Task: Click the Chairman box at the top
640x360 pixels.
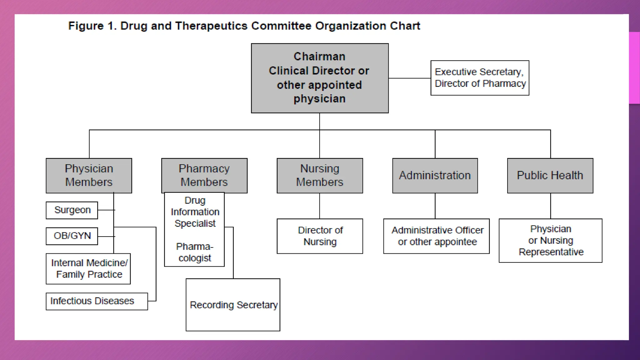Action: tap(320, 78)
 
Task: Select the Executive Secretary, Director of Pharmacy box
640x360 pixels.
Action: tap(480, 78)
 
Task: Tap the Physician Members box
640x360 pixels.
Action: tap(89, 175)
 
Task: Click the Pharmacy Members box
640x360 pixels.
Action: tap(204, 175)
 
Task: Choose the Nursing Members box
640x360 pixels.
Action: tap(320, 175)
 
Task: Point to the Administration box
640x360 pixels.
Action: tap(435, 175)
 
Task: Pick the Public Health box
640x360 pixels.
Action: tap(550, 175)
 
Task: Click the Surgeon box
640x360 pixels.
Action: tap(72, 210)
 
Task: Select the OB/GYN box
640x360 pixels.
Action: tap(72, 236)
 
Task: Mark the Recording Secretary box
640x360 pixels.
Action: tap(233, 305)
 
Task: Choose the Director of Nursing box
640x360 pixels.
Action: tap(320, 236)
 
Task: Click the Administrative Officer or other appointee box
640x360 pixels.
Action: tap(437, 236)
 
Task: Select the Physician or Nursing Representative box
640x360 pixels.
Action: tap(550, 240)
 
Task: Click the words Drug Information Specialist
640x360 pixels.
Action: tap(195, 212)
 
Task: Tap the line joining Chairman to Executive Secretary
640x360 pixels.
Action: tap(409, 78)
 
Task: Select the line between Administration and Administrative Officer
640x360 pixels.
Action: tap(435, 206)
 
